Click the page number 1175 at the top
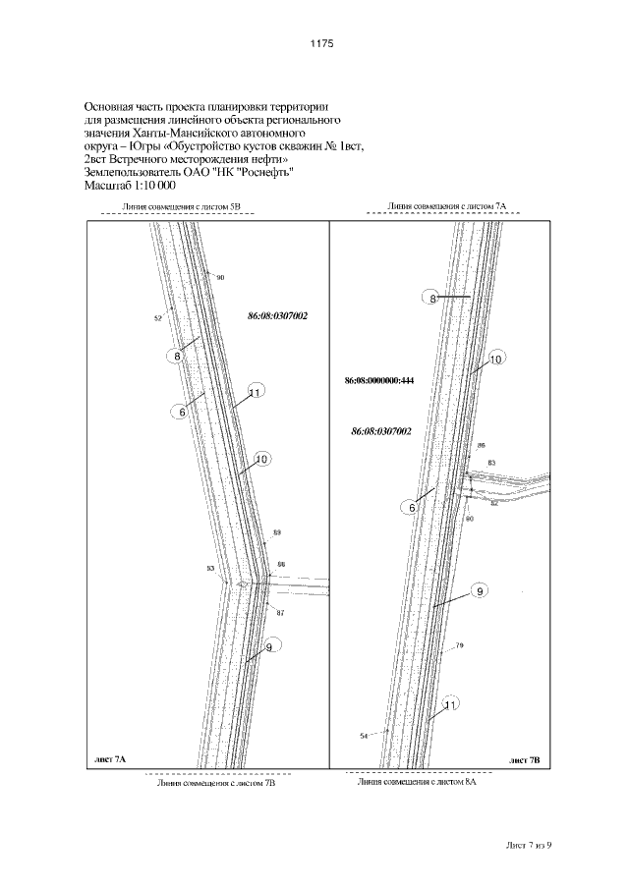tap(322, 43)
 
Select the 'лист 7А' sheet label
tap(109, 760)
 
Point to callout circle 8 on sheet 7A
tap(178, 357)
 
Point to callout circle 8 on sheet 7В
tap(432, 298)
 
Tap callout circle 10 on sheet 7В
tap(495, 361)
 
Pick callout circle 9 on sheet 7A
tap(269, 647)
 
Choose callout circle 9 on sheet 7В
tap(479, 591)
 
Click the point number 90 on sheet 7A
tap(220, 279)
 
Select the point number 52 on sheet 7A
tap(157, 318)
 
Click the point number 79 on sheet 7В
tap(459, 646)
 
